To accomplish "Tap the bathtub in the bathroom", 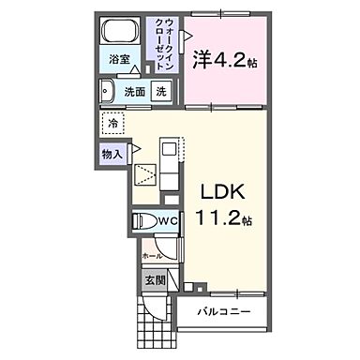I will [119, 33].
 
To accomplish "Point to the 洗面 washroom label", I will [133, 93].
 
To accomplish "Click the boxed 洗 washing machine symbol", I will [161, 93].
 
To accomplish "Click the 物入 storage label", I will [110, 153].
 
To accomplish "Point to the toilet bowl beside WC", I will [143, 222].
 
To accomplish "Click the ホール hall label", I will [151, 254].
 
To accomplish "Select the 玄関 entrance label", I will [155, 279].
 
